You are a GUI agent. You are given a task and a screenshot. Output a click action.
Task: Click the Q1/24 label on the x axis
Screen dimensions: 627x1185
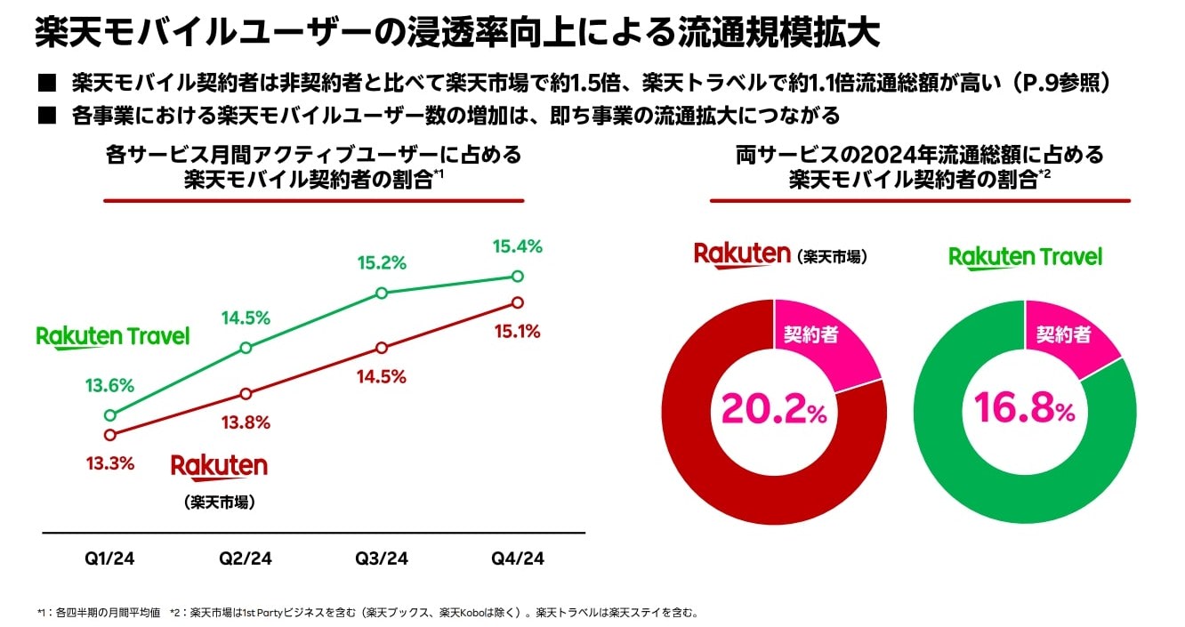tap(110, 559)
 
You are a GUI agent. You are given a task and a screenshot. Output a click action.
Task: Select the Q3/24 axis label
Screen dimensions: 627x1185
tap(382, 559)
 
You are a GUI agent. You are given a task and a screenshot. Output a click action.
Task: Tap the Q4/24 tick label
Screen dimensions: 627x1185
tap(518, 559)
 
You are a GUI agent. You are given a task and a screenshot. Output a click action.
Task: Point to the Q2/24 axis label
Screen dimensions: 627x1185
tap(246, 559)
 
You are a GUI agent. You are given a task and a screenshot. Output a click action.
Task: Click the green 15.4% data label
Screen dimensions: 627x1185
tap(517, 246)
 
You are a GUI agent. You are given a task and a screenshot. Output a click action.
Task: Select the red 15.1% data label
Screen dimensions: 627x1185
tap(517, 332)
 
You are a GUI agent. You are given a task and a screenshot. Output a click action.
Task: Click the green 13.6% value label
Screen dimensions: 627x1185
tap(110, 386)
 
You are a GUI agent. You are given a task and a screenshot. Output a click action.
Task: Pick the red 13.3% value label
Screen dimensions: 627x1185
tap(110, 463)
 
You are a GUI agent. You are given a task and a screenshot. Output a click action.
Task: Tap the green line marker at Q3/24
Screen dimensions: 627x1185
tap(382, 293)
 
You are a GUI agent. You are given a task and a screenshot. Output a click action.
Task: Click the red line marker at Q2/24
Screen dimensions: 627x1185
tap(246, 394)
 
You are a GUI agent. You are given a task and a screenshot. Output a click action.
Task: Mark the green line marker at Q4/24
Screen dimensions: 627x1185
tap(518, 276)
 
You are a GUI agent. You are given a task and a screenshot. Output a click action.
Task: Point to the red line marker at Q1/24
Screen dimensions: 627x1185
tap(110, 435)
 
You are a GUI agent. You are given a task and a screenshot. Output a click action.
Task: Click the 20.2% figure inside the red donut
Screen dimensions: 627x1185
tap(775, 408)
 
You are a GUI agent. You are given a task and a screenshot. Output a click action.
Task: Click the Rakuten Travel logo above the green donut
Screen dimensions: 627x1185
tap(1025, 258)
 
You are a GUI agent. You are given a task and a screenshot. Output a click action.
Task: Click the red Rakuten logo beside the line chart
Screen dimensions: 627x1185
tap(219, 467)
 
